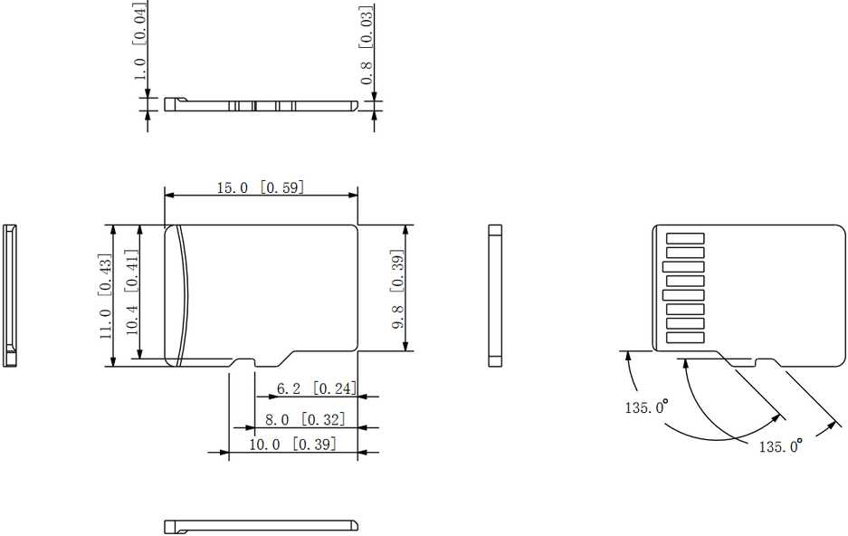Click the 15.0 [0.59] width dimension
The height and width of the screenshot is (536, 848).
pyautogui.click(x=261, y=187)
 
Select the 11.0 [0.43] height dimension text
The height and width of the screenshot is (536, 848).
pyautogui.click(x=106, y=296)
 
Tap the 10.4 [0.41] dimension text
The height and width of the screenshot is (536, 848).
pyautogui.click(x=132, y=292)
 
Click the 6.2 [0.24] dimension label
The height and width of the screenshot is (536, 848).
pyautogui.click(x=317, y=388)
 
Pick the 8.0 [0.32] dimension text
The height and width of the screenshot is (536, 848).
pyautogui.click(x=304, y=419)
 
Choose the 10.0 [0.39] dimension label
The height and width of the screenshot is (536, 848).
pyautogui.click(x=292, y=445)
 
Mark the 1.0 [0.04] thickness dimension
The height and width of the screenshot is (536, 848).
pyautogui.click(x=139, y=42)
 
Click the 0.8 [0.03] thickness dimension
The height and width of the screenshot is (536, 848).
pyautogui.click(x=367, y=45)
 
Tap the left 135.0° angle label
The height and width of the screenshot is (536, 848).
pyautogui.click(x=646, y=407)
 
